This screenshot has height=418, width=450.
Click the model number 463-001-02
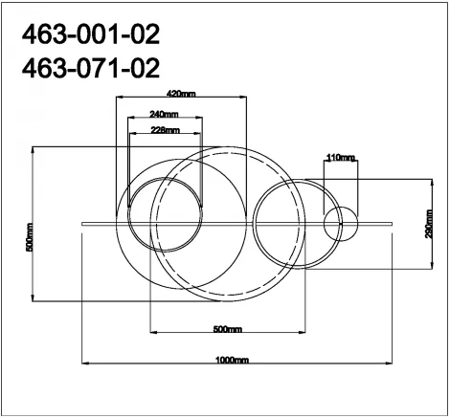tap(90, 36)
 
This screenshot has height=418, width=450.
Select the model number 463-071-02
tap(90, 69)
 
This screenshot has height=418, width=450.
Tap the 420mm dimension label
tap(180, 94)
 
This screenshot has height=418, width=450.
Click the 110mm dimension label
tap(341, 156)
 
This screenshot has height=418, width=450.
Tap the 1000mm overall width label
tap(232, 360)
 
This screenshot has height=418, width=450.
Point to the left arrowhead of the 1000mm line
tap(83, 364)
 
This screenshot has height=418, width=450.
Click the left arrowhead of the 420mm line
tap(117, 99)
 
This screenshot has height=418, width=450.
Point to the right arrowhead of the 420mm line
tap(246, 99)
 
